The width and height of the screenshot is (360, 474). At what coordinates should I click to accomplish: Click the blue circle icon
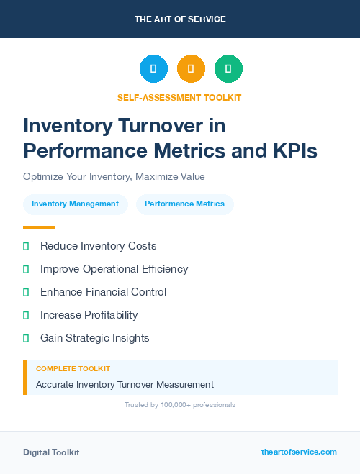(x=153, y=69)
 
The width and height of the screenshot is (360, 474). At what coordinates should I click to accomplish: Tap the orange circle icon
(x=191, y=69)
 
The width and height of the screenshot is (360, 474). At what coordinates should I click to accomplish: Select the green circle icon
(x=228, y=69)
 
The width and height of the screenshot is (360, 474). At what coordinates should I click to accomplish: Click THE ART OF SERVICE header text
(x=180, y=19)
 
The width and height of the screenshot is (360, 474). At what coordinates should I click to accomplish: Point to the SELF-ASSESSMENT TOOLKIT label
(x=180, y=97)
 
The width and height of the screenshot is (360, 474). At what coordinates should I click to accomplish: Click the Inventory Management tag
(x=75, y=204)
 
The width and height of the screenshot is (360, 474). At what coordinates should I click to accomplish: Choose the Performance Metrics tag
(x=184, y=204)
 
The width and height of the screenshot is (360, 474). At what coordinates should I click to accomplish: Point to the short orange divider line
(x=39, y=227)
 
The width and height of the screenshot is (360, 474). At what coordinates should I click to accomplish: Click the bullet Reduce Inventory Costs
(x=98, y=246)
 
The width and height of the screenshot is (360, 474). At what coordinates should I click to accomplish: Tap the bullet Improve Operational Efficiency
(x=114, y=269)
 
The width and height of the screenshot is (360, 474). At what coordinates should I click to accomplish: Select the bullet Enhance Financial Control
(x=103, y=292)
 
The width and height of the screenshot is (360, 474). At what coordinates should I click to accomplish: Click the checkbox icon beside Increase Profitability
(x=26, y=315)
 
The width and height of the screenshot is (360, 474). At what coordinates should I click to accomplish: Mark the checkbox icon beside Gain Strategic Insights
(x=26, y=338)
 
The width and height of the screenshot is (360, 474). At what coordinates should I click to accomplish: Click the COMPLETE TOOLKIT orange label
(x=73, y=368)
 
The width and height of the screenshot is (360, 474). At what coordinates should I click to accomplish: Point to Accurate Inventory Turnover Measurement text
(x=125, y=385)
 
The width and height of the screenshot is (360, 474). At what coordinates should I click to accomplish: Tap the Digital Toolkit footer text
(x=51, y=452)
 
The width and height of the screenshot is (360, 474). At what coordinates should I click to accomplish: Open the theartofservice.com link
(x=299, y=452)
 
